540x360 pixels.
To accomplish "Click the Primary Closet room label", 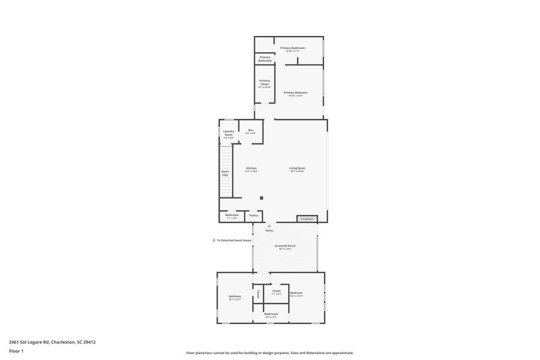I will point(265,83).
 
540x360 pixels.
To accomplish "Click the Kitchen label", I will point(251,169).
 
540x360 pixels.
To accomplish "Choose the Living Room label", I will point(297,169).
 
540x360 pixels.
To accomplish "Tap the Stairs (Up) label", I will point(225,173).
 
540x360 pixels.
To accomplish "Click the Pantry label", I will point(254,215).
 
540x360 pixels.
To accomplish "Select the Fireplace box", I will point(307,219).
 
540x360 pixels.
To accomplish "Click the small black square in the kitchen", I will point(262,197).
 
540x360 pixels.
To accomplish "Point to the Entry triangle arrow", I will point(269,226).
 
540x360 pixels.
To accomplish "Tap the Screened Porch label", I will point(285,247).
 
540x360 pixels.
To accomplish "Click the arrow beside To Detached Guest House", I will point(213,241).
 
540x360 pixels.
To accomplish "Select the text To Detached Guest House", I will point(234,241).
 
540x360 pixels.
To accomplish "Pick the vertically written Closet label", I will point(258,294).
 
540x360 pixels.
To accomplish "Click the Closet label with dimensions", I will point(276,292).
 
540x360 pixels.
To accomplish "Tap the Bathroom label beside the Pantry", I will point(232,216).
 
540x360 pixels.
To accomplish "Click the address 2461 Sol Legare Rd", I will point(52,342).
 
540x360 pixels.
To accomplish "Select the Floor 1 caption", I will point(16,350).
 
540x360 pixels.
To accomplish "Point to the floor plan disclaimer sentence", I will point(269,353).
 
